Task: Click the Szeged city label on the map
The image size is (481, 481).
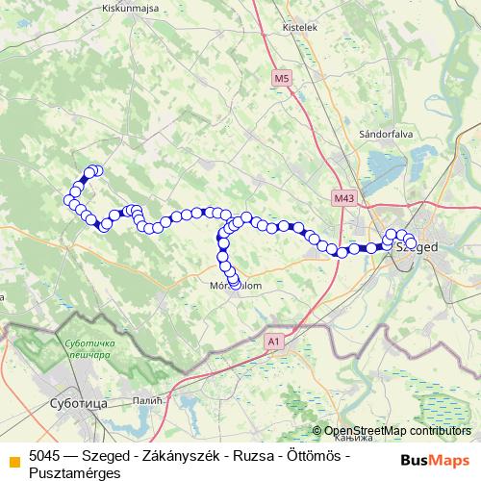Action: pyautogui.click(x=419, y=247)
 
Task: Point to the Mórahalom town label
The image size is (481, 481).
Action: pyautogui.click(x=230, y=286)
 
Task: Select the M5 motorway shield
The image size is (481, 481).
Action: pyautogui.click(x=281, y=78)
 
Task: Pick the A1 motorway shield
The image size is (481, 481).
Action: pyautogui.click(x=275, y=341)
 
